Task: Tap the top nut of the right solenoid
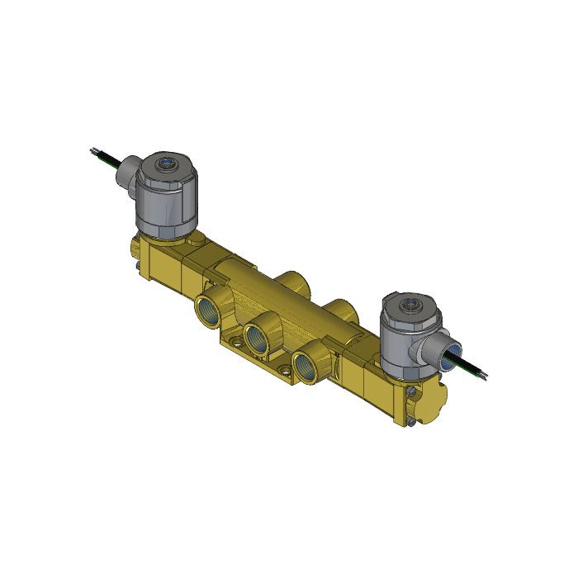tap(410, 305)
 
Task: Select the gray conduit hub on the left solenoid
tap(127, 175)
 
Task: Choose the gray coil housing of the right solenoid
tap(400, 343)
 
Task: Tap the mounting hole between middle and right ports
tap(287, 364)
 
